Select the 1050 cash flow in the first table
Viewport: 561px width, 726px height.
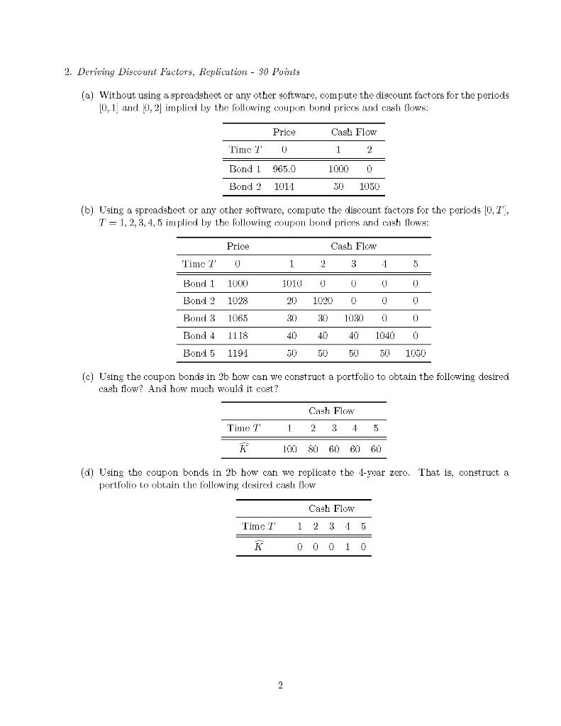[369, 186]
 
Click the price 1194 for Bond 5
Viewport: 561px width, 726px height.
[238, 352]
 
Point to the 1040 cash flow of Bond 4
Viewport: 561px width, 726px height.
[386, 335]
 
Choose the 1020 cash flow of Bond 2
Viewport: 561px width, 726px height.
[323, 301]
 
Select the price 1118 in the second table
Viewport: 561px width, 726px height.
[238, 335]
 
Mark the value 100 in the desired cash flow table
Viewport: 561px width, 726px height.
[289, 449]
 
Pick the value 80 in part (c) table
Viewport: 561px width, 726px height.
[313, 449]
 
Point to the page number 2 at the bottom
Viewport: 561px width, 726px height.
[281, 685]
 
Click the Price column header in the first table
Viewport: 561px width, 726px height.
[284, 132]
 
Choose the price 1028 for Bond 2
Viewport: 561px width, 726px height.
[238, 301]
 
